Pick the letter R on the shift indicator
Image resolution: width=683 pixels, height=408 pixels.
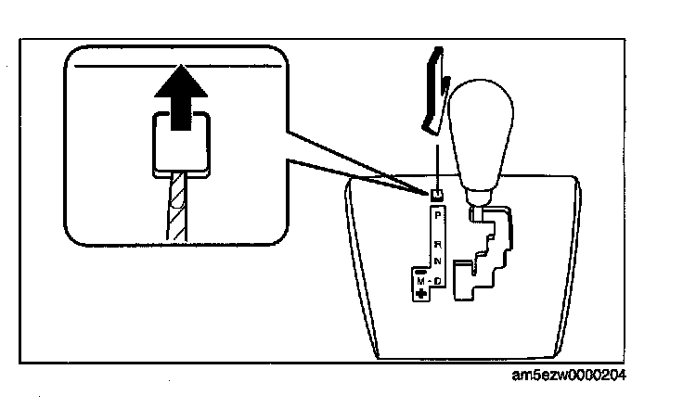click(438, 244)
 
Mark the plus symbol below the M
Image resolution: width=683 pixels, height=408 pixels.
click(421, 293)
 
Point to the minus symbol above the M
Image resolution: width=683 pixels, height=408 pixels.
click(421, 269)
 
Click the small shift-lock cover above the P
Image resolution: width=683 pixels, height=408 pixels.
click(435, 195)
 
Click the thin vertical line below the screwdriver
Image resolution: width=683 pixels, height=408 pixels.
click(435, 158)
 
